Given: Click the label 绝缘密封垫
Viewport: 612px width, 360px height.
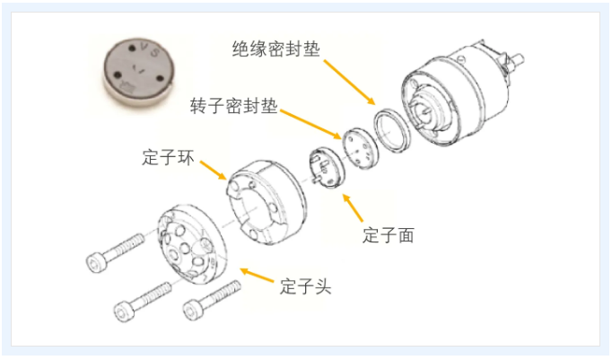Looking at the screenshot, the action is coord(276,48).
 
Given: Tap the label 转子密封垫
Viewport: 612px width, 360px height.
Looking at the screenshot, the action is coord(234,106).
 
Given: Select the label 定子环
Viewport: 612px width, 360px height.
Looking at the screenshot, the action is coord(168,157).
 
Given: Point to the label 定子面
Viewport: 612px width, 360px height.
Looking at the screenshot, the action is coord(388,235).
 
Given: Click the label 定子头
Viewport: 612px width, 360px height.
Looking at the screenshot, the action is coord(305,286).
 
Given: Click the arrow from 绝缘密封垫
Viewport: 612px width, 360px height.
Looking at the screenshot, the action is coord(349,83).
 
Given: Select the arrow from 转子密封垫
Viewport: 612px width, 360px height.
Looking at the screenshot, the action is coord(310,124).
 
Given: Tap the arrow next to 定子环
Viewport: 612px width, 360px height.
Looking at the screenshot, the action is coord(214,170).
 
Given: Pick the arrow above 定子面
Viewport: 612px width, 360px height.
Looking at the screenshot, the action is coord(353,207).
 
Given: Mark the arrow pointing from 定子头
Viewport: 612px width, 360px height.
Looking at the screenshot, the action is coord(257,275).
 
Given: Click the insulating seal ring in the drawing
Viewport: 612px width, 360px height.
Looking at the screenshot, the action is coord(392,129).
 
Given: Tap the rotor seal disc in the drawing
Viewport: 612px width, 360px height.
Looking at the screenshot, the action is coord(360,147).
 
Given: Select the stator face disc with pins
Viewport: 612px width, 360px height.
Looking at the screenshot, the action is coord(327,167).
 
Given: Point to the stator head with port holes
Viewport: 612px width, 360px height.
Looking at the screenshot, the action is coord(192,243).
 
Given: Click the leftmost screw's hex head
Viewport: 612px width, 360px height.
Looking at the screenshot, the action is coord(95,262).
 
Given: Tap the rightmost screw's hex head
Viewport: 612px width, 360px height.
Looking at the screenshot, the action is coord(193,310).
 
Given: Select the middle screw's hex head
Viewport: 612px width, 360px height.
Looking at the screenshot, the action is coord(124,312).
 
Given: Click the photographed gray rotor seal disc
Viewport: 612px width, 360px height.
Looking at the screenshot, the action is coord(139,73).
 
